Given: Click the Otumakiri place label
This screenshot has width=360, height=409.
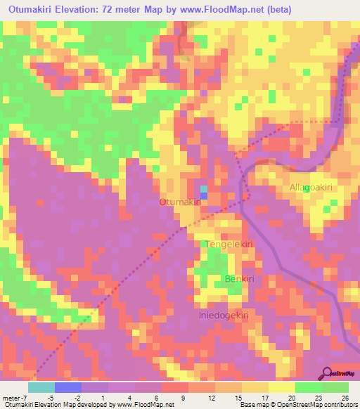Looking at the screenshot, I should [181, 202].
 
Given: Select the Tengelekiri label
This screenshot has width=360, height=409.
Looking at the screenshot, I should [229, 244].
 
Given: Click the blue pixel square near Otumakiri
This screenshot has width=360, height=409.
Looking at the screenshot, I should [204, 189].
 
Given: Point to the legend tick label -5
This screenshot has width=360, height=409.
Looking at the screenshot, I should [55, 398].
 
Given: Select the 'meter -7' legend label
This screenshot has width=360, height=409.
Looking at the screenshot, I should [15, 398].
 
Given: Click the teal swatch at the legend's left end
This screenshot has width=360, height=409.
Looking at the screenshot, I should [41, 387].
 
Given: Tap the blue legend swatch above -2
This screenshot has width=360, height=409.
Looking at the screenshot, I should [68, 387].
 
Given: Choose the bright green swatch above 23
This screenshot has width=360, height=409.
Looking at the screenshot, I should [308, 387].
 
